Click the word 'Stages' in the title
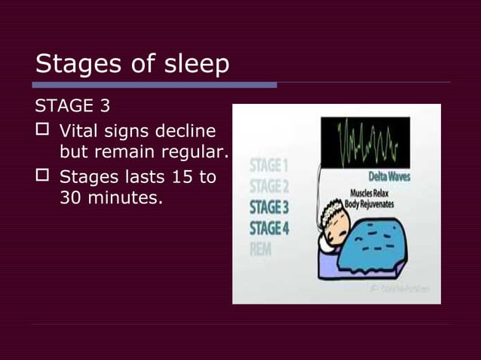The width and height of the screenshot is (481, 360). tap(76, 65)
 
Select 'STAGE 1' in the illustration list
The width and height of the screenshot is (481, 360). tap(269, 165)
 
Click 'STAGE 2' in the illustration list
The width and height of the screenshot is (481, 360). tap(269, 185)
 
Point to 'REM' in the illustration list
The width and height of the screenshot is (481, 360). tap(261, 249)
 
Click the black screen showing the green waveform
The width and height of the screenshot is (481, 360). tap(365, 142)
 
